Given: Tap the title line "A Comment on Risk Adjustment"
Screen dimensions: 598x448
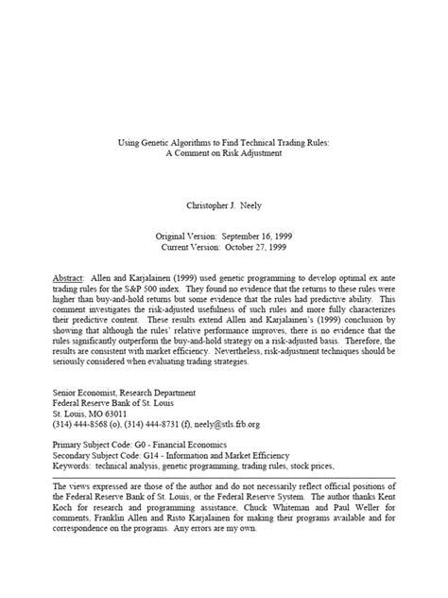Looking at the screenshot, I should pyautogui.click(x=224, y=151).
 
